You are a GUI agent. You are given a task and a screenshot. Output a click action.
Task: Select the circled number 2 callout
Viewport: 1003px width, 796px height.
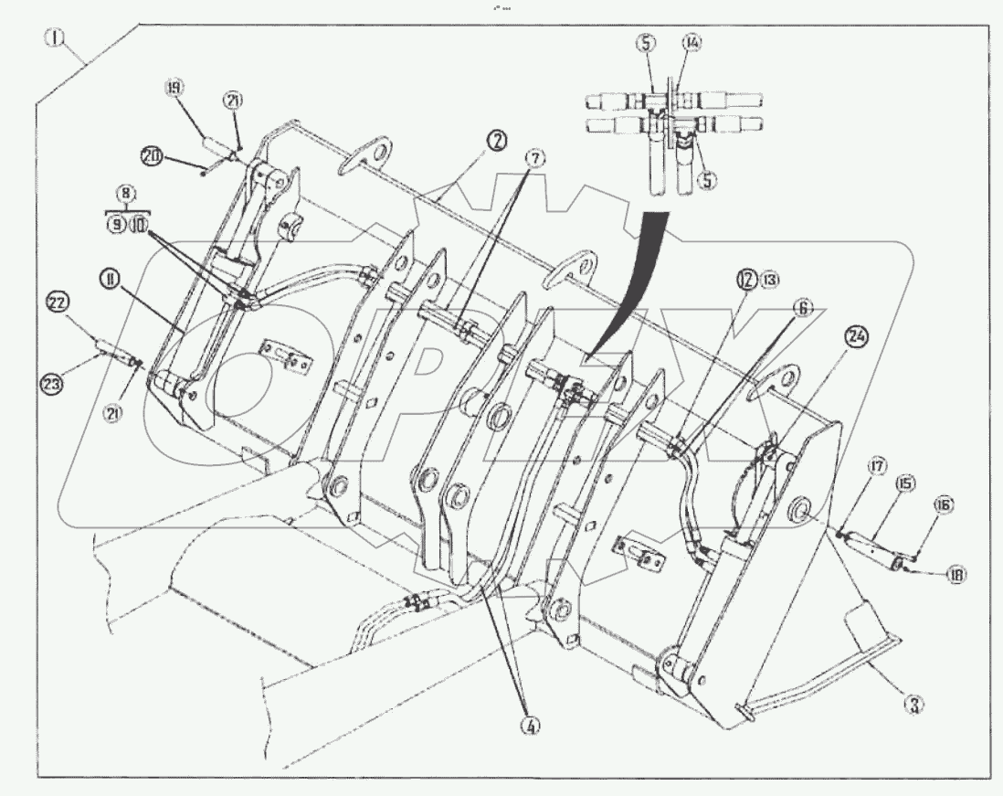[498, 142]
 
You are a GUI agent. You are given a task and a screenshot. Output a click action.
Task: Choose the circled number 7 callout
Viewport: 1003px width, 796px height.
[535, 158]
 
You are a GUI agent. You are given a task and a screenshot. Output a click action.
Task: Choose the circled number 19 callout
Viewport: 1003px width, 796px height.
[173, 88]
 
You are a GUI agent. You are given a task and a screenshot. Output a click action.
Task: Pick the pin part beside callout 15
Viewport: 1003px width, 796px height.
[868, 547]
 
